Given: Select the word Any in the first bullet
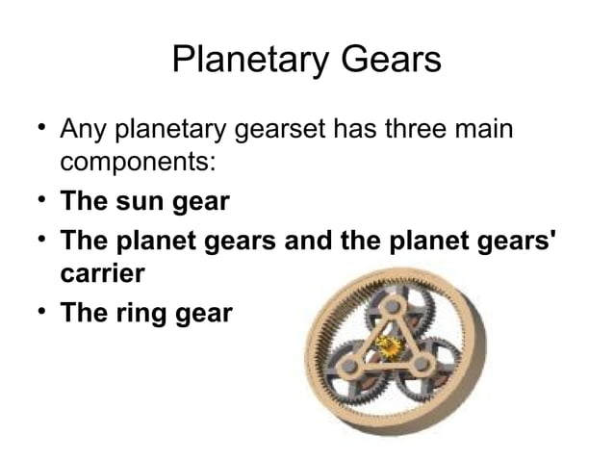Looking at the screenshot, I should point(82,129).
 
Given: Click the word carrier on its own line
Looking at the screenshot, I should point(103,273).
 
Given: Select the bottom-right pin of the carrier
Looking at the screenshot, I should point(422,366).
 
